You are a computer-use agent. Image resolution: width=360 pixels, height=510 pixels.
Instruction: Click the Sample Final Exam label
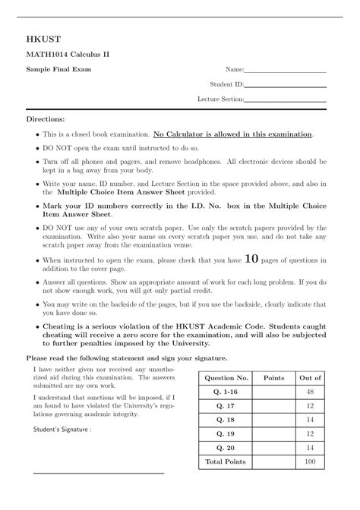58,70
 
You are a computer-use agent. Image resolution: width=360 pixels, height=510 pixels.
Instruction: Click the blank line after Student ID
286,87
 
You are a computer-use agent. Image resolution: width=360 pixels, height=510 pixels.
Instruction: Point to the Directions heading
46,119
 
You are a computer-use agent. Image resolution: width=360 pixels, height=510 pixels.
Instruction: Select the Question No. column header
226,378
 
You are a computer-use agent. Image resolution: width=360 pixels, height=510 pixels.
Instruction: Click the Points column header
273,378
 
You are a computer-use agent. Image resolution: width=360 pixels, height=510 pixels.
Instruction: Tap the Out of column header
310,378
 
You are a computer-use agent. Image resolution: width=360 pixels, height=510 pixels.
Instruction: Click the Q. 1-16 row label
226,392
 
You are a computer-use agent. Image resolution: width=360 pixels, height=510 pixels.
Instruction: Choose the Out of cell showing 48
310,392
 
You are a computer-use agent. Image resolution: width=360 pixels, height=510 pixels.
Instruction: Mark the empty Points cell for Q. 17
273,406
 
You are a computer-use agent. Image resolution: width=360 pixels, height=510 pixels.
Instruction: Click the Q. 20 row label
226,448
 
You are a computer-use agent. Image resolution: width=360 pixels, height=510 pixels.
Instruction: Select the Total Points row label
226,461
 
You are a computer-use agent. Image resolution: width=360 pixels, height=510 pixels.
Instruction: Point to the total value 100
310,461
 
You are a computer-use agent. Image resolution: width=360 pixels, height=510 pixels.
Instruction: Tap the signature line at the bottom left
99,472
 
